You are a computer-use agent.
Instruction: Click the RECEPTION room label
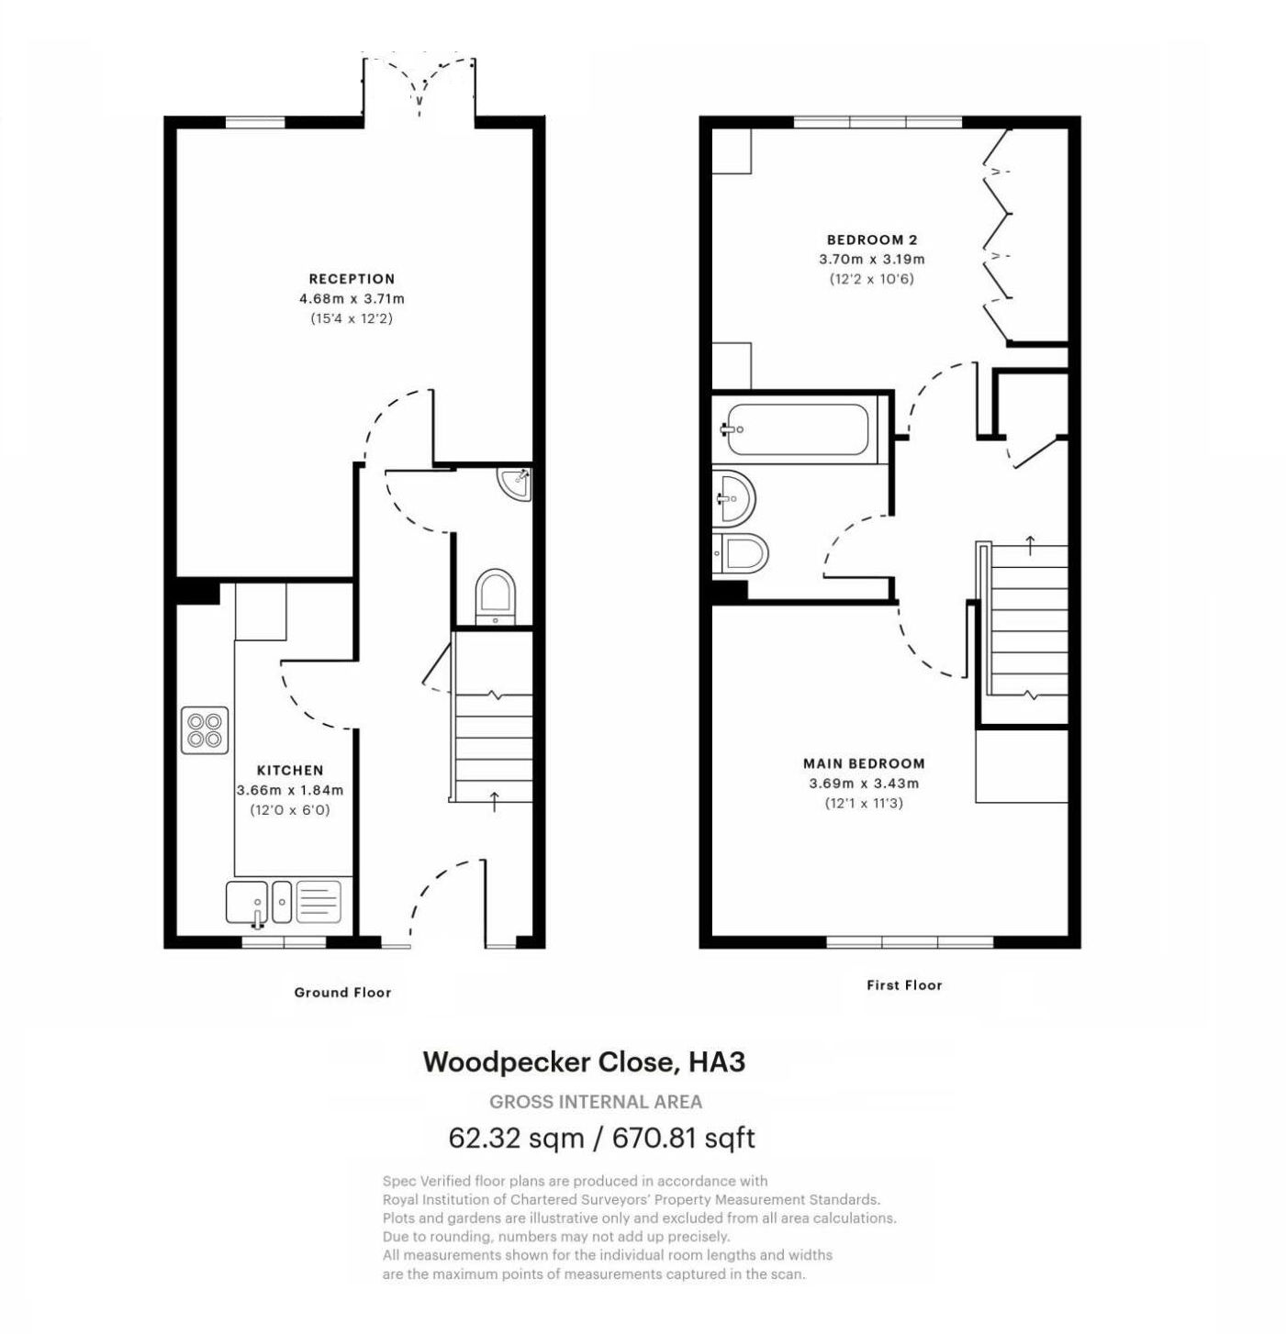(x=352, y=279)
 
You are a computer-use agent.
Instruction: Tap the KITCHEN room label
(x=290, y=771)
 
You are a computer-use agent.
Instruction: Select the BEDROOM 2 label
(x=872, y=239)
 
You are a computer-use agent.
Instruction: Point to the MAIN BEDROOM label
(x=864, y=763)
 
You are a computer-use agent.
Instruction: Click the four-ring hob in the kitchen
(x=205, y=730)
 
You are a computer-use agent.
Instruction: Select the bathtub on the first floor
(x=797, y=428)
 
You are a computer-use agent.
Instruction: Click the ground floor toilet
(x=496, y=596)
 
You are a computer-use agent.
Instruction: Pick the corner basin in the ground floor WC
(x=515, y=483)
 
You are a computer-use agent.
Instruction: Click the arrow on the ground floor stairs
(x=494, y=801)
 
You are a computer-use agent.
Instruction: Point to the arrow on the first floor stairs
(x=1030, y=545)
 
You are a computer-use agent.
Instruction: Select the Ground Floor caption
(x=342, y=992)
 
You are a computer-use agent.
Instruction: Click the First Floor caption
(x=904, y=984)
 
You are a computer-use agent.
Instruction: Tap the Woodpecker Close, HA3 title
(x=584, y=1062)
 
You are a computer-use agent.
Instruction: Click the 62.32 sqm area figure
(x=516, y=1138)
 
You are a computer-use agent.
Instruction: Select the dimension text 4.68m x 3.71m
(x=352, y=299)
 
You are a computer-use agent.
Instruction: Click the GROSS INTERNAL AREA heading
(x=596, y=1101)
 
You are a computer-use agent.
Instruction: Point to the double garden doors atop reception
(x=419, y=87)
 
